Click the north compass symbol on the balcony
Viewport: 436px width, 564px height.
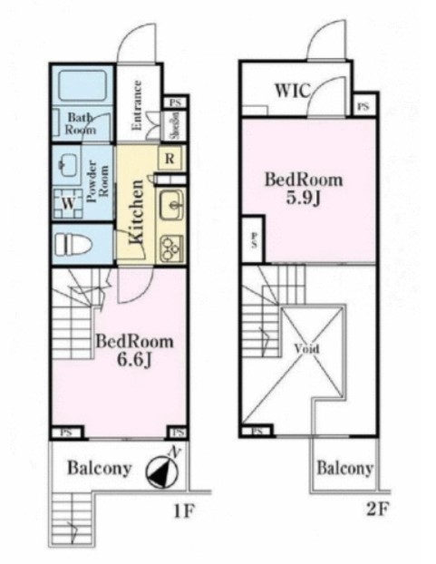tap(162, 470)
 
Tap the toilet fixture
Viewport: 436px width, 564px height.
tap(74, 245)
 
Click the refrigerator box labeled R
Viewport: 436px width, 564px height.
tap(170, 159)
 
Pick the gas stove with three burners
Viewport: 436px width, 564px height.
tap(171, 248)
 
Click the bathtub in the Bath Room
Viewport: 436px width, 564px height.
tap(82, 85)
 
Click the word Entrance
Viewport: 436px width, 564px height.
tap(137, 105)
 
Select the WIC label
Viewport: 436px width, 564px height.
tap(292, 91)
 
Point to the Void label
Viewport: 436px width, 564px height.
tap(306, 348)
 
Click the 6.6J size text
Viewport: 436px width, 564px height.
tap(134, 361)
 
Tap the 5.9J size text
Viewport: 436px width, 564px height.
tap(303, 199)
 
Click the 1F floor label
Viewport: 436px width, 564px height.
tap(184, 511)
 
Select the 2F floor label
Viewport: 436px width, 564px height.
tap(377, 509)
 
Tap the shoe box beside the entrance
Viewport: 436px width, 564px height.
tap(175, 125)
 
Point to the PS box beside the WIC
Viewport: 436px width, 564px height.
tap(363, 106)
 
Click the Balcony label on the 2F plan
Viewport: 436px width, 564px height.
tap(344, 468)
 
